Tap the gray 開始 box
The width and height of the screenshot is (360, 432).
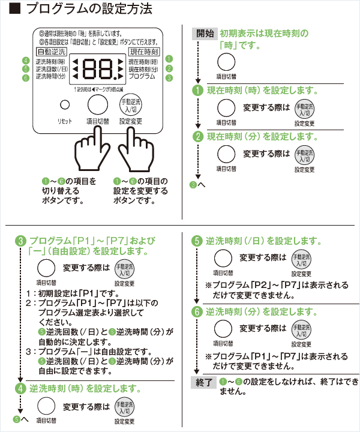pyautogui.click(x=205, y=34)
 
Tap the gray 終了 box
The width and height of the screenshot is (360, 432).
pyautogui.click(x=204, y=382)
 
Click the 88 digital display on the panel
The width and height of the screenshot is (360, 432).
pyautogui.click(x=100, y=70)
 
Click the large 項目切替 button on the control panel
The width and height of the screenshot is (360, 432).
pyautogui.click(x=97, y=104)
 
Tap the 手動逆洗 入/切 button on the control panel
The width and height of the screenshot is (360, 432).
pyautogui.click(x=130, y=104)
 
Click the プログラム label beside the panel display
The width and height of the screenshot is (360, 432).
pyautogui.click(x=142, y=77)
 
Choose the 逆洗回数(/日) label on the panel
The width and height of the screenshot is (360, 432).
pyautogui.click(x=51, y=70)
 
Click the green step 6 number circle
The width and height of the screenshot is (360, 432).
pyautogui.click(x=197, y=312)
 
